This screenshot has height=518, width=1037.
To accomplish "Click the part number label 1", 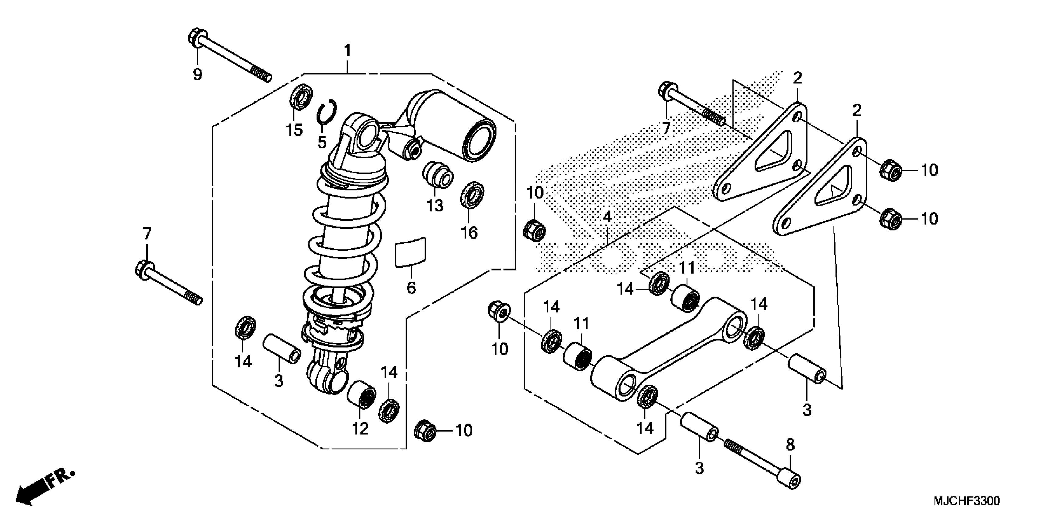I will coord(347,51).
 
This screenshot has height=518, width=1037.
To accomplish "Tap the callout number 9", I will coord(197,74).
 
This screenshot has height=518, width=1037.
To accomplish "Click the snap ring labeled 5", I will coord(326,113).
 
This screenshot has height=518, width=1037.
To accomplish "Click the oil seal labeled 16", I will coord(472,195).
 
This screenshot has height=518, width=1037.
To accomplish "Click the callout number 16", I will coord(469,232).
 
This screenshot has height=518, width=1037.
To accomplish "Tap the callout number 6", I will coord(411,288).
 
